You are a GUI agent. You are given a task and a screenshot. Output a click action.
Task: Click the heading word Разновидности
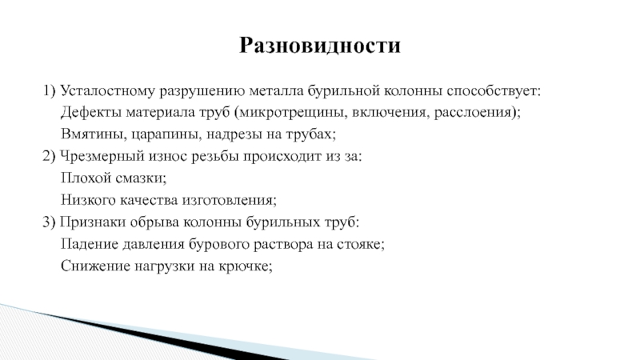coord(319,46)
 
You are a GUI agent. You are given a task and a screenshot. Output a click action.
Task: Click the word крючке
coord(247,265)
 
